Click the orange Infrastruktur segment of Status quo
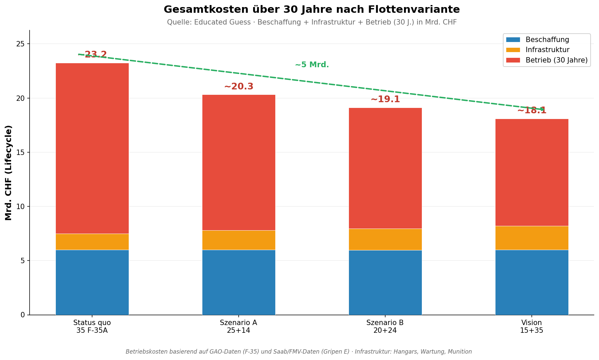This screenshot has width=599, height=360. tap(92, 242)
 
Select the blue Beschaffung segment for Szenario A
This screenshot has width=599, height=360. tap(239, 282)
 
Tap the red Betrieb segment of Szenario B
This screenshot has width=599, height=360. tap(385, 168)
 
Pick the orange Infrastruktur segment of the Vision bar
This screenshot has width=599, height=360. tap(532, 238)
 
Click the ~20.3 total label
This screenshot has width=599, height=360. tap(239, 87)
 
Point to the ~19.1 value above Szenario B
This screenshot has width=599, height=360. tap(385, 99)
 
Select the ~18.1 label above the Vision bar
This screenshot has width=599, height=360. tap(532, 111)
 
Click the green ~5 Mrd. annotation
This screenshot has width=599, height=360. tap(312, 65)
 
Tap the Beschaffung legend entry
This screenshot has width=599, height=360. tap(547, 40)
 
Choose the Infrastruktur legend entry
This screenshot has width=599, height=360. tap(547, 50)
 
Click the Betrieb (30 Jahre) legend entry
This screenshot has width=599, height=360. tap(556, 60)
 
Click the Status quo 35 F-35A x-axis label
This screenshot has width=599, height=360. tap(92, 326)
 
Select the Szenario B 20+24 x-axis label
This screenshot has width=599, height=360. tap(385, 326)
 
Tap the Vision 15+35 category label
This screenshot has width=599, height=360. tap(532, 326)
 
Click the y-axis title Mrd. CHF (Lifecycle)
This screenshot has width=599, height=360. tap(9, 173)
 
